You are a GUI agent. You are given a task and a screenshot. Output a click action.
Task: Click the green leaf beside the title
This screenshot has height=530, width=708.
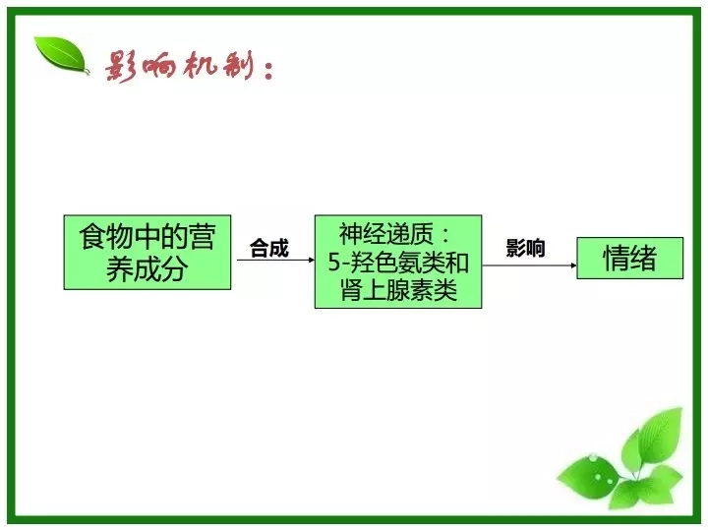coord(61,55)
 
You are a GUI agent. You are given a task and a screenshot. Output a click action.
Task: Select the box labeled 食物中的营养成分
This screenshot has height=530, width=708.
coord(147,253)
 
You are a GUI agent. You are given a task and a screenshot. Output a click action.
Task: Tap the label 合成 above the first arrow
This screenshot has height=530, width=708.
coord(269,248)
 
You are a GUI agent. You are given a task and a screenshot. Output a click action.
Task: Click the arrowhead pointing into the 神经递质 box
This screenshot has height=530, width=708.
coord(312,260)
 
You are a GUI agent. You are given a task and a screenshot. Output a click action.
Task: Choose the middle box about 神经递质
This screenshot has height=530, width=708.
coord(398,262)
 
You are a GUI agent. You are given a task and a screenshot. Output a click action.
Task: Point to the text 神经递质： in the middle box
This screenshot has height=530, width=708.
coord(394,233)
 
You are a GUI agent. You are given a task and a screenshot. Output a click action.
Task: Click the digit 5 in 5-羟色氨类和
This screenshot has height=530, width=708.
coord(333,263)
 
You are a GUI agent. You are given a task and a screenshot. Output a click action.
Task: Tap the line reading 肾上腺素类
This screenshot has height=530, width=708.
coord(398,290)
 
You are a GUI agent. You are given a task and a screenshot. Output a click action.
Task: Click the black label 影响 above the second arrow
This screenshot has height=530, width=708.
coord(525,248)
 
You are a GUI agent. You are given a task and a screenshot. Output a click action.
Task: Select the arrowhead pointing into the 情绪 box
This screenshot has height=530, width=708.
coord(574,265)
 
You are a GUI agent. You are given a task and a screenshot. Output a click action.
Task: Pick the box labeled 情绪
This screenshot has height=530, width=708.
coord(630,259)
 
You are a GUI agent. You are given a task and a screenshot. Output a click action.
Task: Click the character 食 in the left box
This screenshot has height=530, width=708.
coord(92,237)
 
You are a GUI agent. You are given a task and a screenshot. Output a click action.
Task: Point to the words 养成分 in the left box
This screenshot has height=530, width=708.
coord(147,269)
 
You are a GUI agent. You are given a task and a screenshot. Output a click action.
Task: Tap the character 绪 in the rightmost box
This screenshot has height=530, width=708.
coord(643,259)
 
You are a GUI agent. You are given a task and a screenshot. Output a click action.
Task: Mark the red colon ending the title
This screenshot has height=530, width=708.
coord(268,71)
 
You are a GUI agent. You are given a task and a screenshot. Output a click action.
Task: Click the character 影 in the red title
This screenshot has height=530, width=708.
coord(121,67)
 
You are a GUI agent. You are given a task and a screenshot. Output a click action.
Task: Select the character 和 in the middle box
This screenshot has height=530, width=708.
coord(457,263)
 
